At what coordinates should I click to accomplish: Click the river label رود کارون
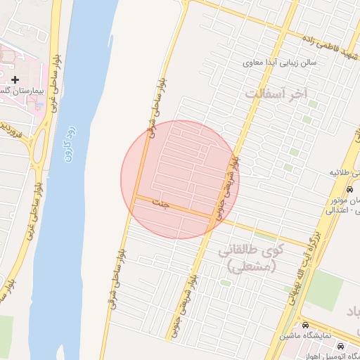tap(67, 145)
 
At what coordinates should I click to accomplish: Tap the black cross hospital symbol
tap(15, 80)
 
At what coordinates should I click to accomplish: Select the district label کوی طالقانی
tap(251, 258)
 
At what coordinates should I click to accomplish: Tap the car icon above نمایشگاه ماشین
tap(305, 326)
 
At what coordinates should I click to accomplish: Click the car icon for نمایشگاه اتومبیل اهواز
tap(341, 347)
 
